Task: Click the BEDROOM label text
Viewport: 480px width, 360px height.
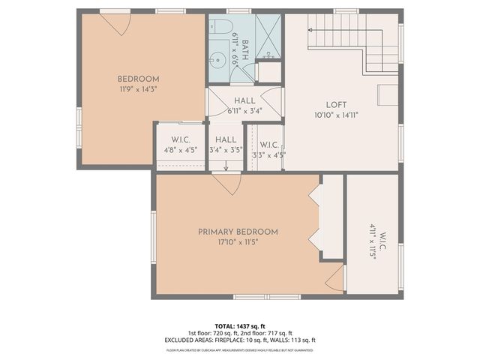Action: point(138,79)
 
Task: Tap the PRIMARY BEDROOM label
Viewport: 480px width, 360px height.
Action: point(238,232)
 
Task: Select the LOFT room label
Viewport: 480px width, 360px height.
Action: point(337,105)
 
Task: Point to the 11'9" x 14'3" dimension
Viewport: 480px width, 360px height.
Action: point(138,89)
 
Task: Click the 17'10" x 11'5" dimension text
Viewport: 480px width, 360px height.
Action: point(238,242)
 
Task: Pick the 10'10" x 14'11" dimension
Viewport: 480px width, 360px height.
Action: point(337,115)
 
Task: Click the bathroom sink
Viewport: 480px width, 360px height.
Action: point(218,58)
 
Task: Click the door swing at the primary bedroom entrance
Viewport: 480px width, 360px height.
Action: point(226,183)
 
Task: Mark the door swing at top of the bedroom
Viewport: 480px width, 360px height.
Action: point(115,22)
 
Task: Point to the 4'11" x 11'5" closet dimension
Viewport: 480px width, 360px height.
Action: point(372,245)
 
